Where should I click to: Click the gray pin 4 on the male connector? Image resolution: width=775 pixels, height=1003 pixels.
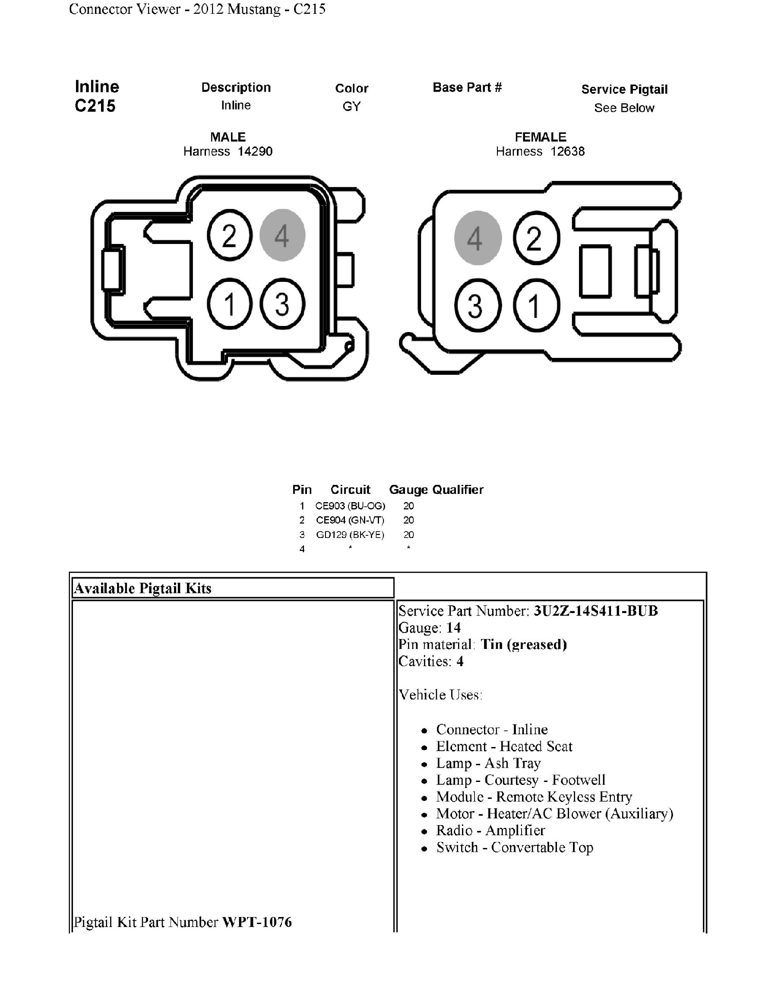tap(282, 235)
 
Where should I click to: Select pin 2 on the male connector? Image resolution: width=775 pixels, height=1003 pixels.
tap(229, 235)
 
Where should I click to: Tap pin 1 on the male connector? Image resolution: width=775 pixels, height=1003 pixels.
tap(229, 304)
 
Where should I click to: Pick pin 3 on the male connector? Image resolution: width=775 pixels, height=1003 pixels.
tap(282, 304)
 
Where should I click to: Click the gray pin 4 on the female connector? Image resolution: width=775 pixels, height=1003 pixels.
tap(478, 238)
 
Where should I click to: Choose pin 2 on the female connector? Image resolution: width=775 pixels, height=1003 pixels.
tap(536, 238)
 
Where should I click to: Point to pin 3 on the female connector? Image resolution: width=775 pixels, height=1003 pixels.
tap(478, 305)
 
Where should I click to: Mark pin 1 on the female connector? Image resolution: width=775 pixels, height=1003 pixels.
tap(536, 305)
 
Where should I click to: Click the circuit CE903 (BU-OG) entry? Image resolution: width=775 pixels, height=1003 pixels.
tap(350, 506)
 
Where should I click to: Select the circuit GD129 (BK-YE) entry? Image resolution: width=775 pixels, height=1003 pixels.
tap(350, 535)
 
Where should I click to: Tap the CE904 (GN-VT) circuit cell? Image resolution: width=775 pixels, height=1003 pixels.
tap(350, 520)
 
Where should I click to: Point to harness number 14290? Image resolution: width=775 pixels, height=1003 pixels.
tap(255, 152)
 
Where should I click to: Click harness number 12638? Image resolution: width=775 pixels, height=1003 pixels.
tap(567, 152)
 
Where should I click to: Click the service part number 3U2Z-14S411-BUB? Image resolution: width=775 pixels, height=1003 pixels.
tap(595, 611)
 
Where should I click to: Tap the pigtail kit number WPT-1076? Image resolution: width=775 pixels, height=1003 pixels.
tap(256, 922)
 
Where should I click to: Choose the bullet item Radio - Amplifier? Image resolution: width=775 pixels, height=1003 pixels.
tap(490, 830)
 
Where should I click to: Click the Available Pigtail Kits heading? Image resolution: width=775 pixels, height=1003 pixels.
tap(143, 589)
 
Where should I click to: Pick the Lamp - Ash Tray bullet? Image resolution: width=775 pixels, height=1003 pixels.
tap(488, 763)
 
